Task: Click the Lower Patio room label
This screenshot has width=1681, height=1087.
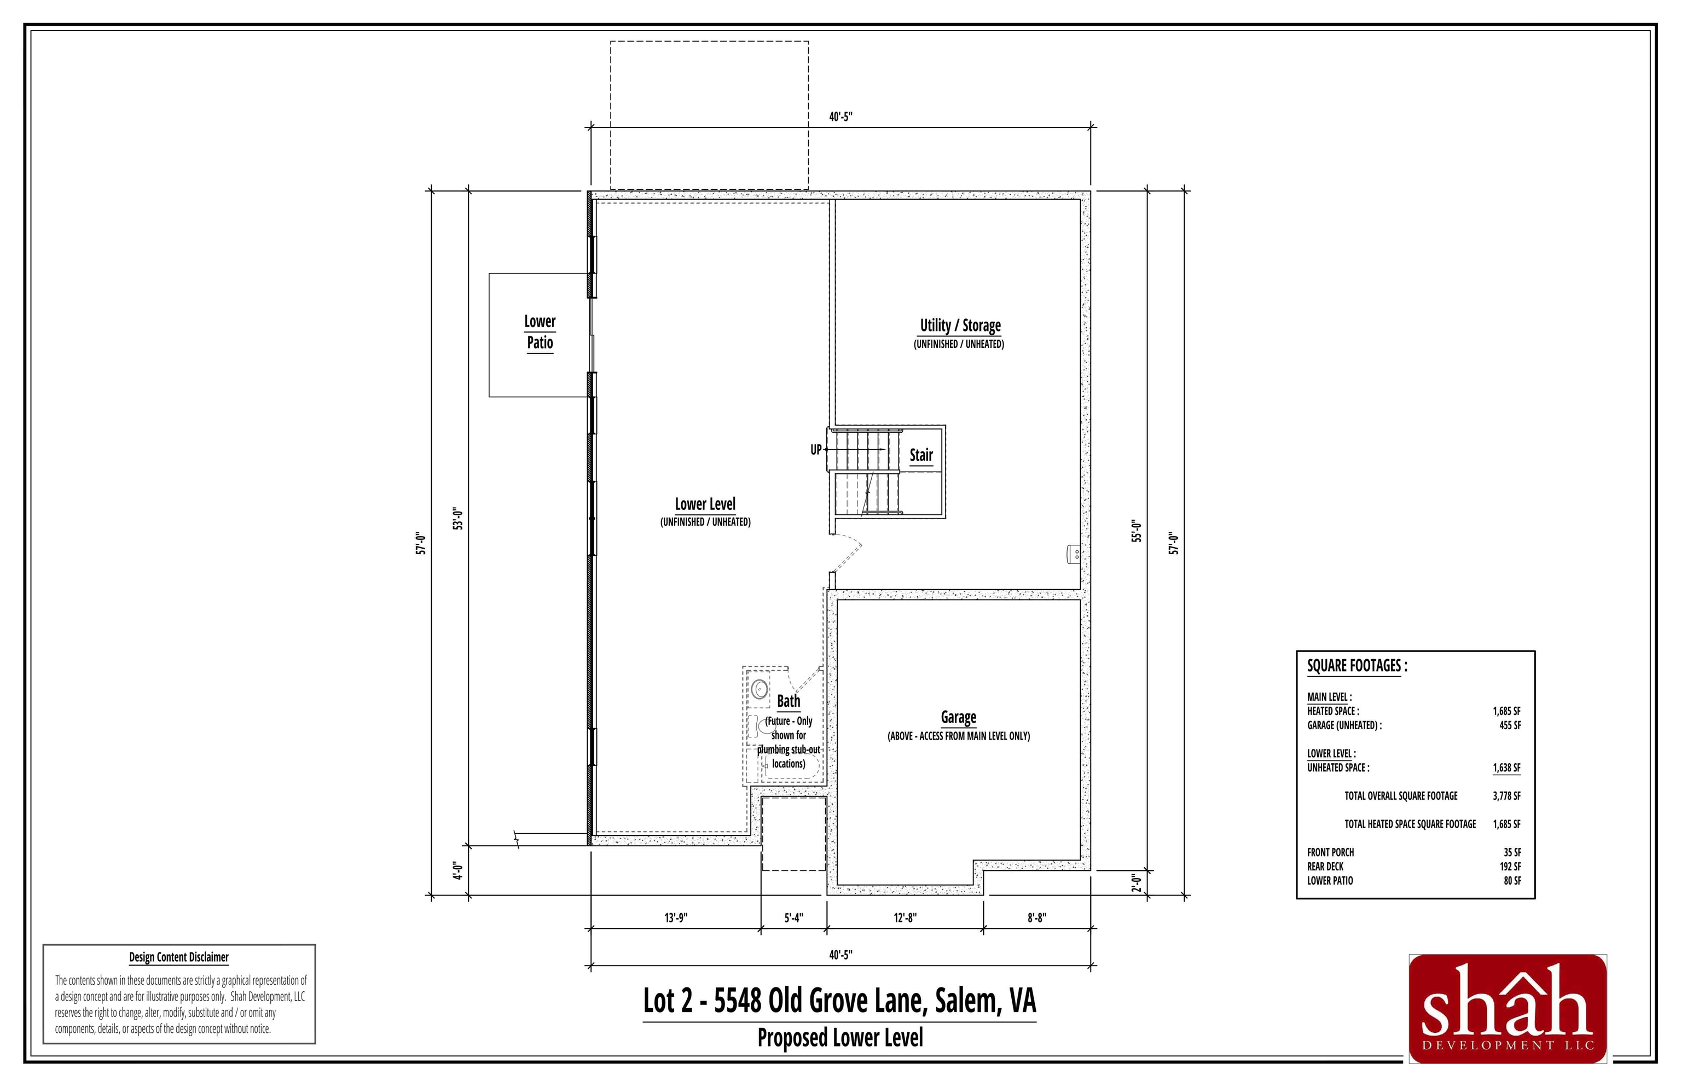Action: coord(540,332)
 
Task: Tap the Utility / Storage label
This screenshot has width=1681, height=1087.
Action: coord(959,325)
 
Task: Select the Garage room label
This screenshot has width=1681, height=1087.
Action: coord(958,717)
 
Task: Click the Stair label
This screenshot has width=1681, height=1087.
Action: coord(920,455)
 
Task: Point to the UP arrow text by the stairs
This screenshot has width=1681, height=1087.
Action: coord(815,450)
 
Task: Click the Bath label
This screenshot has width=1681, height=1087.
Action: coord(788,701)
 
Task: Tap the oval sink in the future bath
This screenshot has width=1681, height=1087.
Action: coord(760,688)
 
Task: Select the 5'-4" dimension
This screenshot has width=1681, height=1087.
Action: coord(793,917)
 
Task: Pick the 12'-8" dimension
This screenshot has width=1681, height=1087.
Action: coord(905,917)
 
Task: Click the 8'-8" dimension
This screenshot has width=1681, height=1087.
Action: coord(1036,917)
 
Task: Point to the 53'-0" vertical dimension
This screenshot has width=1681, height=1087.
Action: coord(457,519)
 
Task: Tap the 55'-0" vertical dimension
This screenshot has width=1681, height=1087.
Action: coord(1136,531)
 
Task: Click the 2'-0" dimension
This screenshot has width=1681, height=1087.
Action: coord(1136,883)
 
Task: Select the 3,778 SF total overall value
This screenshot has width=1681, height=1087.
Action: coord(1506,795)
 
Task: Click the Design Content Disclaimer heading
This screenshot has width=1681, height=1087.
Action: coord(178,957)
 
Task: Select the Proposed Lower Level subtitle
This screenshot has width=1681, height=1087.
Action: coord(839,1038)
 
